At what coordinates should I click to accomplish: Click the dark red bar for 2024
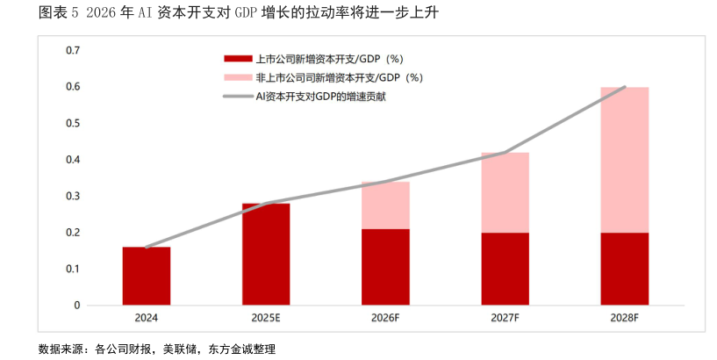[x=147, y=276]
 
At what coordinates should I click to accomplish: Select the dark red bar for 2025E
[x=266, y=254]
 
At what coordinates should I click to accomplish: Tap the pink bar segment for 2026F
[x=385, y=205]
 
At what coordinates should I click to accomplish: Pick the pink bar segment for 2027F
[x=505, y=192]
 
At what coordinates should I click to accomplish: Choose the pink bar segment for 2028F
[x=624, y=160]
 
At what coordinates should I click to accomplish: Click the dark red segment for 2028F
[x=624, y=269]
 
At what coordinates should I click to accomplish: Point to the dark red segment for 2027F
[x=505, y=269]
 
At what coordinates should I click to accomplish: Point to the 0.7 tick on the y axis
[x=73, y=50]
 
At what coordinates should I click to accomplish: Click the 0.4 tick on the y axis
[x=73, y=160]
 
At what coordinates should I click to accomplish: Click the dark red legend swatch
[x=238, y=60]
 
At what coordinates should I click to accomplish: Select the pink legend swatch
[x=238, y=78]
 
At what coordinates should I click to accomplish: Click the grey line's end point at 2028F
[x=624, y=87]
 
